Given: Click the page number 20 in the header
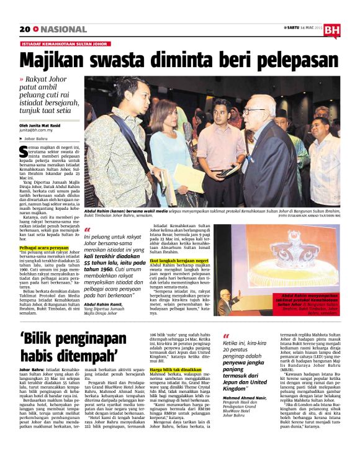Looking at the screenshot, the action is (24, 29).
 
